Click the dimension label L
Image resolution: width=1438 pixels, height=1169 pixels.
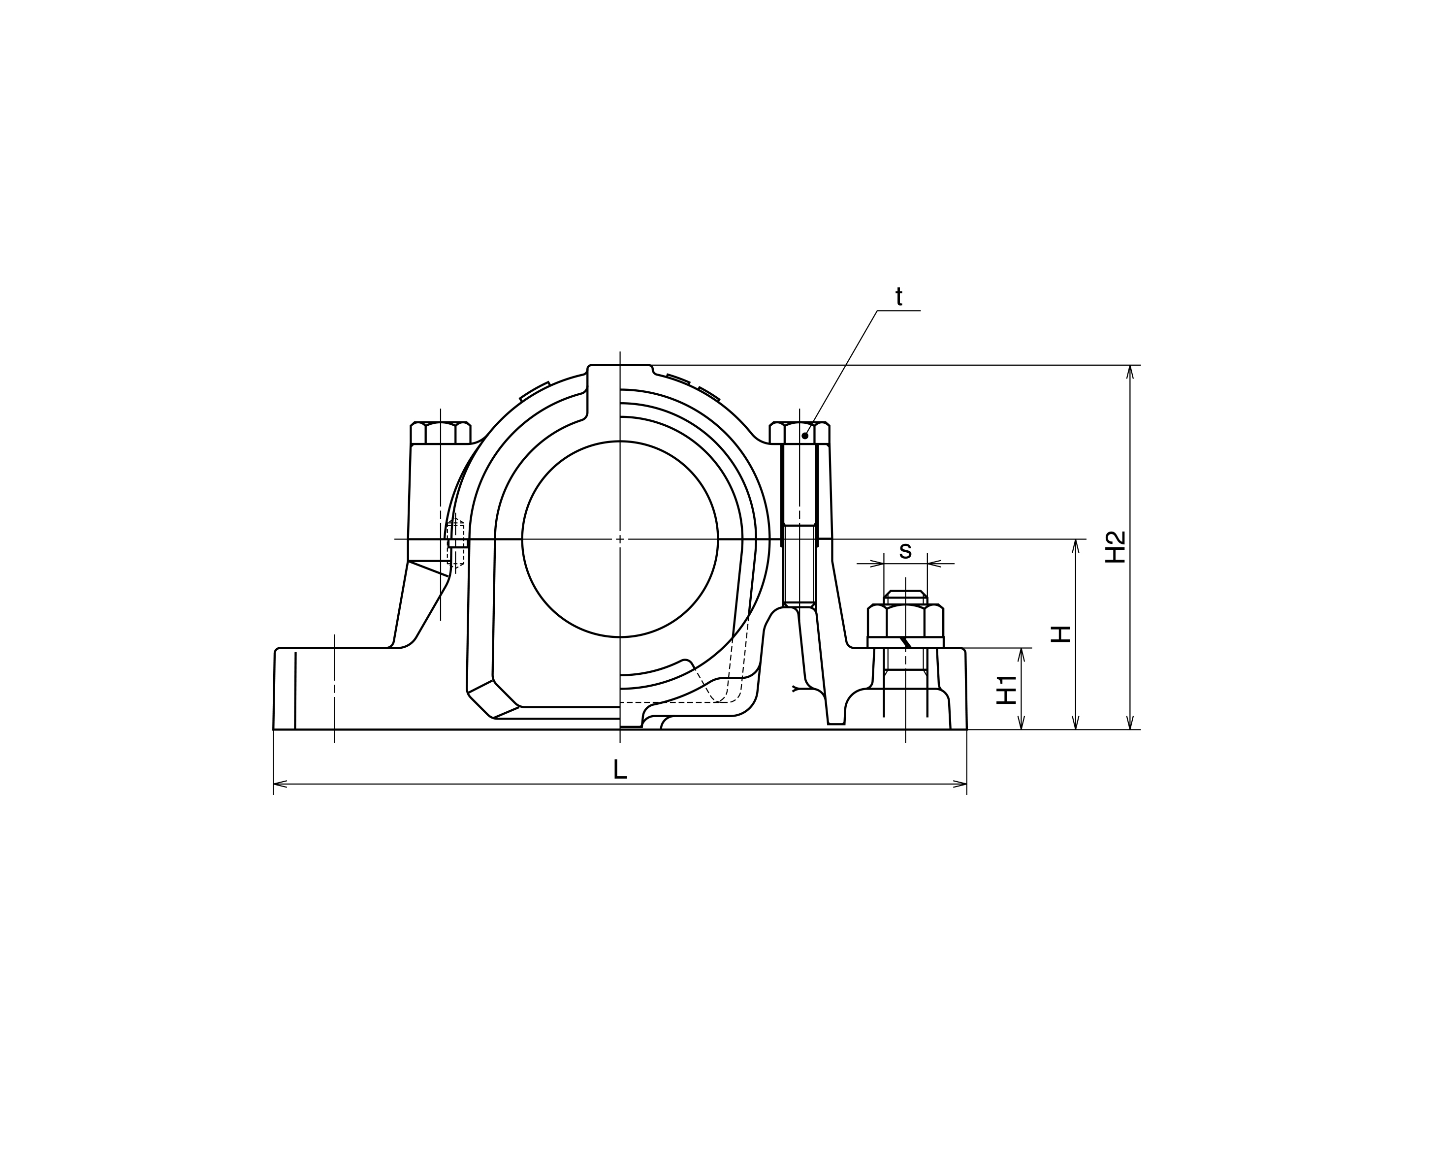tap(620, 768)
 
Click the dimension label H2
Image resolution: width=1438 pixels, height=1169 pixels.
tap(1116, 547)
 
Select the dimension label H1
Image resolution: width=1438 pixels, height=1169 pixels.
tap(1006, 689)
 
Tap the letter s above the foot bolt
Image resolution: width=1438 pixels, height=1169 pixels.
tap(905, 551)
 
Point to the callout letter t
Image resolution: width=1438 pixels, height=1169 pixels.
tap(898, 296)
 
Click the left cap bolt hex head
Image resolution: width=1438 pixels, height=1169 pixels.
tap(441, 433)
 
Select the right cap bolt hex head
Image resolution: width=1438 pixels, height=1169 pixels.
tap(799, 433)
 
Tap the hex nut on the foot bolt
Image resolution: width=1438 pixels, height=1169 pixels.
tap(905, 620)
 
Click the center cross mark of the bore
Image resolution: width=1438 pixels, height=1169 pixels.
tap(620, 538)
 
